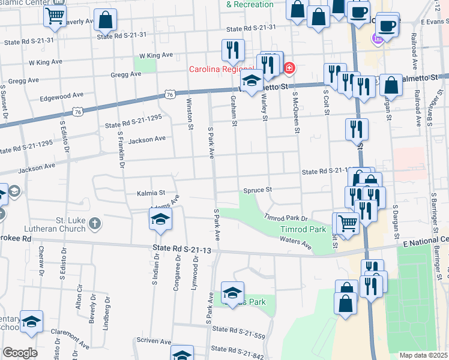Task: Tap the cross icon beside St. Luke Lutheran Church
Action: click(94, 224)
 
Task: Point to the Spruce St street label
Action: click(258, 190)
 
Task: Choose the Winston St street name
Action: click(190, 113)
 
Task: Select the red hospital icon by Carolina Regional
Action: click(289, 68)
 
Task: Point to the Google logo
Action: click(20, 353)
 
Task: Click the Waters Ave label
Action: click(296, 242)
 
